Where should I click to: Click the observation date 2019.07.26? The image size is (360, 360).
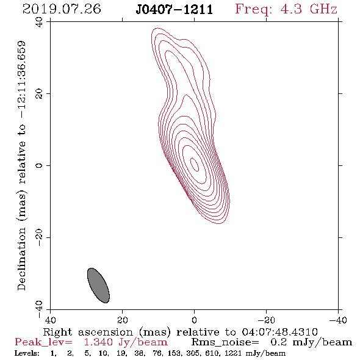(x=62, y=9)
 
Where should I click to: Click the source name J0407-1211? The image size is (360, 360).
(x=175, y=10)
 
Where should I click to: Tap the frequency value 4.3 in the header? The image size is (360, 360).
(x=291, y=9)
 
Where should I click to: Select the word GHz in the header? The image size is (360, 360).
(x=324, y=9)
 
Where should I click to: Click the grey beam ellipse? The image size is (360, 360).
(x=98, y=286)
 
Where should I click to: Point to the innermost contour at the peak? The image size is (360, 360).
(x=195, y=164)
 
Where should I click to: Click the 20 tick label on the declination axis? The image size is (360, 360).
(x=39, y=94)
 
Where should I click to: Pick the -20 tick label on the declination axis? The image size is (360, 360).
(x=39, y=237)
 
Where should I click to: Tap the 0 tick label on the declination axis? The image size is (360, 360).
(x=39, y=165)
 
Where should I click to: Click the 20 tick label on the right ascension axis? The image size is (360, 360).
(x=123, y=320)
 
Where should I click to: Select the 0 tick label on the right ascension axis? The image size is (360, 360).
(x=194, y=320)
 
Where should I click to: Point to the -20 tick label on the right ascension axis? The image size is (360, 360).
(x=266, y=320)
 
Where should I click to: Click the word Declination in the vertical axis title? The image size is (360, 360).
(x=21, y=259)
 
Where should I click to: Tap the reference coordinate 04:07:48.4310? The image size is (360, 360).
(x=279, y=332)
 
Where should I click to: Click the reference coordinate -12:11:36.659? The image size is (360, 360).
(x=21, y=80)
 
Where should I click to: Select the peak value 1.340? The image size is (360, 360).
(x=98, y=342)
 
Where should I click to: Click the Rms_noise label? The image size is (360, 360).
(x=225, y=342)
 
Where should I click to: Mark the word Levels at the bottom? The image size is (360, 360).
(x=27, y=353)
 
